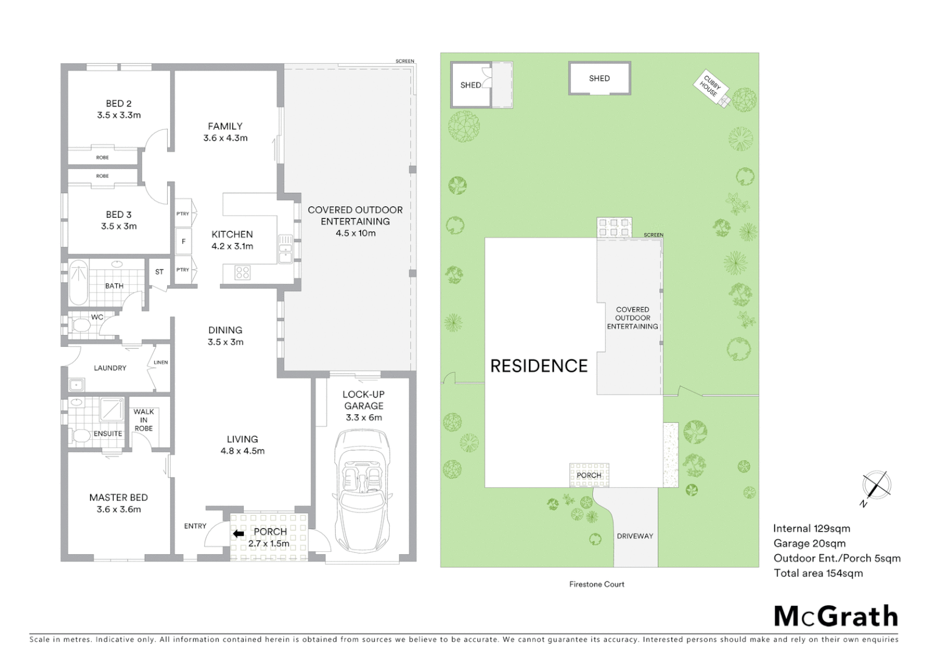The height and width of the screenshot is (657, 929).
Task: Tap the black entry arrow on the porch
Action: [x=238, y=534]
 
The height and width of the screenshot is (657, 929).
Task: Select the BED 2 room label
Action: [x=119, y=103]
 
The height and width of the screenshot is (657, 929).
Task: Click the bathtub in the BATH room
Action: [x=78, y=282]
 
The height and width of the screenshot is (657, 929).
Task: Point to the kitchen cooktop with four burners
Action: [x=242, y=273]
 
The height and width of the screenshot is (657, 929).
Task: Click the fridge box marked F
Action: [x=183, y=242]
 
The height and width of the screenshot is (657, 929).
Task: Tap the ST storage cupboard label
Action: [x=159, y=272]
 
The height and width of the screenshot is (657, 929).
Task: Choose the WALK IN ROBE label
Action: [x=143, y=420]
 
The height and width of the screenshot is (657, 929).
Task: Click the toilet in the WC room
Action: [x=80, y=326]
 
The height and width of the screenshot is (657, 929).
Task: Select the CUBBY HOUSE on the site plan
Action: [x=710, y=87]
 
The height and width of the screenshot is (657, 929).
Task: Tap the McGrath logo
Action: [x=835, y=616]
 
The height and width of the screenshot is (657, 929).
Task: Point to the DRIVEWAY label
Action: [x=635, y=536]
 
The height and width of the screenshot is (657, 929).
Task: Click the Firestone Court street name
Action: [x=596, y=584]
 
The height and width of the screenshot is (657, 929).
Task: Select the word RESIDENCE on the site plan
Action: [x=539, y=366]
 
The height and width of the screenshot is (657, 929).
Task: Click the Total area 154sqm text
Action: [x=818, y=573]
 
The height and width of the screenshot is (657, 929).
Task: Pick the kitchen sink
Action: [x=285, y=249]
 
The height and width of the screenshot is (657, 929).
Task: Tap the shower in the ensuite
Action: [x=111, y=409]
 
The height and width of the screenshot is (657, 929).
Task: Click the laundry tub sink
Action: [x=77, y=384]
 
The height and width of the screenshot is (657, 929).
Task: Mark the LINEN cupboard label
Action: [x=161, y=363]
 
